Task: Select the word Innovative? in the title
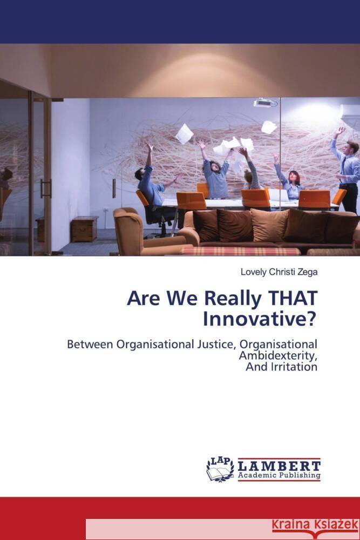point(260,319)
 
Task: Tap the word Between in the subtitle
point(88,345)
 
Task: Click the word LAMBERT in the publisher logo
point(279,465)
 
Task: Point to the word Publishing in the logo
point(298,476)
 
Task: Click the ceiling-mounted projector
point(265,102)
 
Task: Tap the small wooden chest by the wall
point(84,228)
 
